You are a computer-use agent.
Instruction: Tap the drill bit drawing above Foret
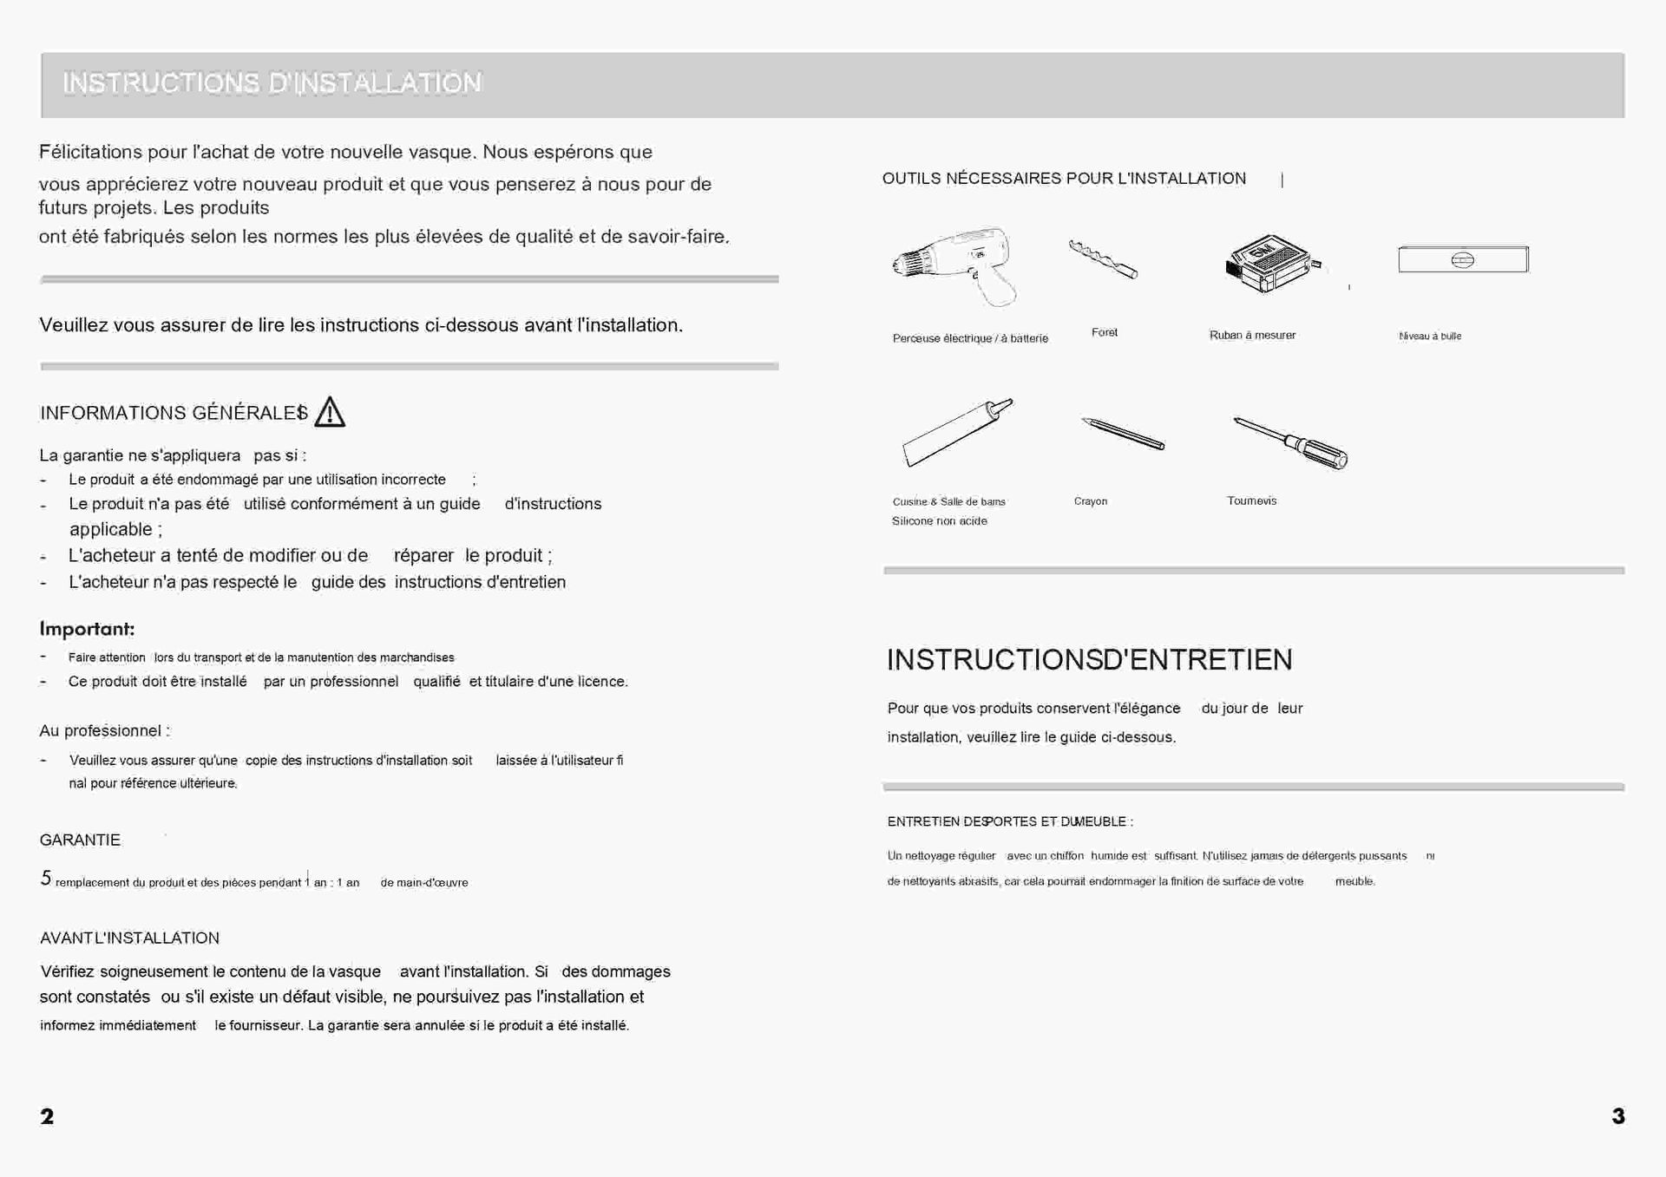coord(1103,259)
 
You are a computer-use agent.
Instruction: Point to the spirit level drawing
coord(1463,259)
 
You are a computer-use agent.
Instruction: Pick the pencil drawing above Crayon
coord(1123,433)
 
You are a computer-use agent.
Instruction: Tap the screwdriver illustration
coord(1291,442)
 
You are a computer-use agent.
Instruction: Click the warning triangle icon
coord(330,413)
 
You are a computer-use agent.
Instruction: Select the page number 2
coord(47,1116)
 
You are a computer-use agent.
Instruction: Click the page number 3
coord(1618,1116)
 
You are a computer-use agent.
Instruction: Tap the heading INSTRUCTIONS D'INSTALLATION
coord(272,83)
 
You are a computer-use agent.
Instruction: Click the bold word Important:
coord(87,629)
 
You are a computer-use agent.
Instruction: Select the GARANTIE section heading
coord(80,840)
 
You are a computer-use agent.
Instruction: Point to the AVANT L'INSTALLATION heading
coord(129,938)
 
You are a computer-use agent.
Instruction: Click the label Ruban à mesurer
coord(1252,336)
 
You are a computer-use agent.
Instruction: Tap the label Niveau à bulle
coord(1430,337)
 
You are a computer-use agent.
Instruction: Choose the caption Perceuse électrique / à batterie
coord(970,338)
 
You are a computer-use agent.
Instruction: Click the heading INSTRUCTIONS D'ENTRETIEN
coord(1089,660)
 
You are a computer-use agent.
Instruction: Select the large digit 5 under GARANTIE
coord(46,879)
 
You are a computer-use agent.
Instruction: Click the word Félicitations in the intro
coord(90,153)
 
